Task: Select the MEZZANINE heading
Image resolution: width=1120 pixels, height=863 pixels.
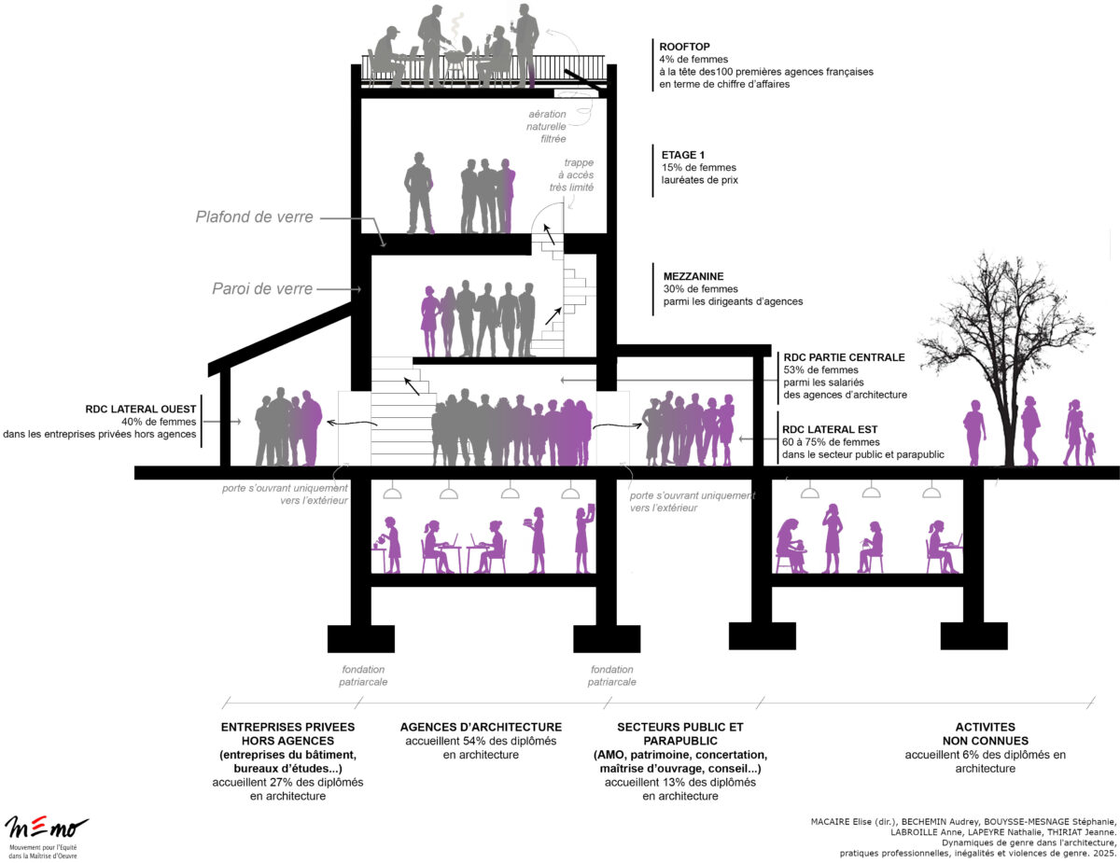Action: coord(693,276)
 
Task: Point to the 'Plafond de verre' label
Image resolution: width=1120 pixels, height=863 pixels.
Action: coord(254,217)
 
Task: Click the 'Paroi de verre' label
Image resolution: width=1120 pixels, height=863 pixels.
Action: coord(262,288)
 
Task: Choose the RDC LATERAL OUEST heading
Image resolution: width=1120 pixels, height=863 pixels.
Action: coord(139,409)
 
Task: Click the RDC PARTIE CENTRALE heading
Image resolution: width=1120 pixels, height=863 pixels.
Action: coord(844,357)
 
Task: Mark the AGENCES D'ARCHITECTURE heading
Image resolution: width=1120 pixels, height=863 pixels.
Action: coord(481,727)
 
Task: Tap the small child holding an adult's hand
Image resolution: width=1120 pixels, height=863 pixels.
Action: coord(1089,448)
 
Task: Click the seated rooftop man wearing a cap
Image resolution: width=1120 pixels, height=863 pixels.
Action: coord(387,56)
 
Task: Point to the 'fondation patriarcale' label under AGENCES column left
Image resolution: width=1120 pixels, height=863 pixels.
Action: coord(363,675)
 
